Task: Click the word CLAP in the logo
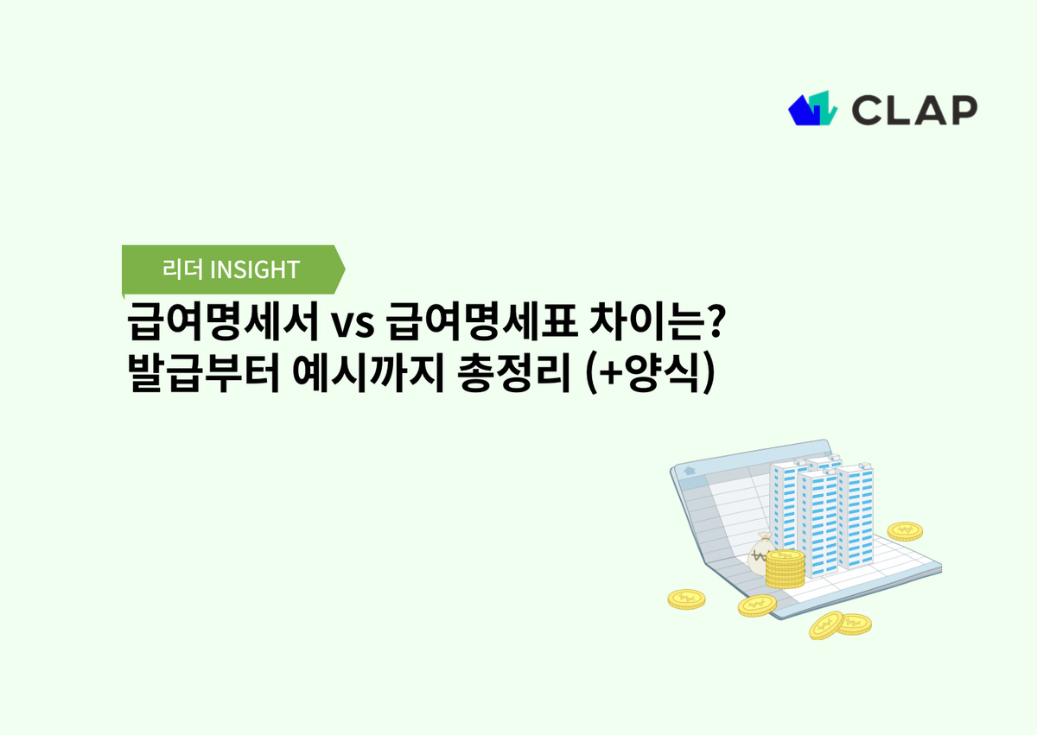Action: click(x=914, y=109)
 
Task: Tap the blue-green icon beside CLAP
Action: click(x=813, y=108)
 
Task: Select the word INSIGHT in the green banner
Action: click(x=255, y=269)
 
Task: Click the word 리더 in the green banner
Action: click(x=183, y=269)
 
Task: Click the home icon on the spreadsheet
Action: click(x=690, y=472)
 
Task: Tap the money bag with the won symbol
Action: click(x=762, y=554)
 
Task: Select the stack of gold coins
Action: click(x=786, y=569)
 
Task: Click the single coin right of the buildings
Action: click(x=905, y=529)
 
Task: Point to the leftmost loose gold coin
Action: click(x=687, y=599)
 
